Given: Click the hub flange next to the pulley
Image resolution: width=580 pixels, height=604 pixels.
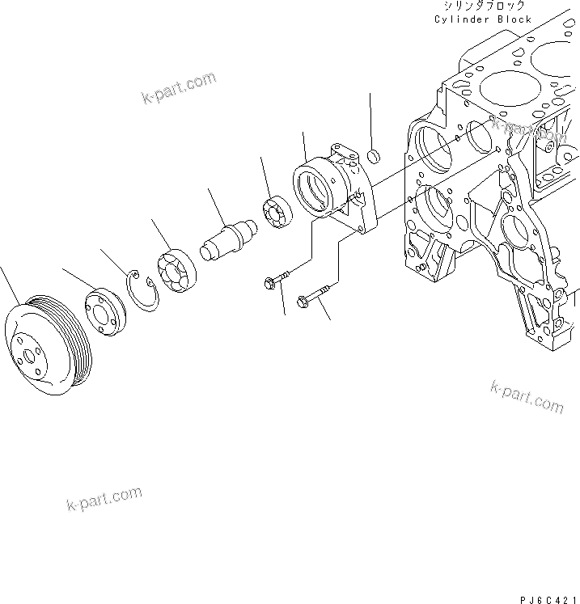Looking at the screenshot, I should [103, 310].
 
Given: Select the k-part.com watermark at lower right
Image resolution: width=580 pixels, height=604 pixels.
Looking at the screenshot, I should [526, 396].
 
